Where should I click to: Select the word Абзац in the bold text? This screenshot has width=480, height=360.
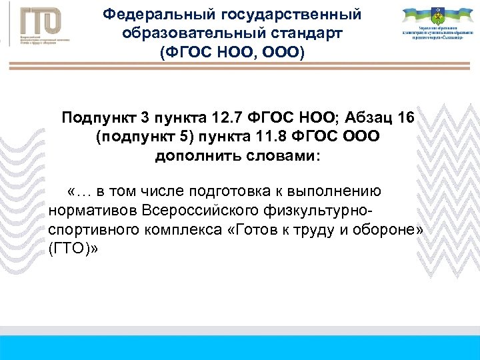click(x=363, y=119)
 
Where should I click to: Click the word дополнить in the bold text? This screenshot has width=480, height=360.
click(x=189, y=157)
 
